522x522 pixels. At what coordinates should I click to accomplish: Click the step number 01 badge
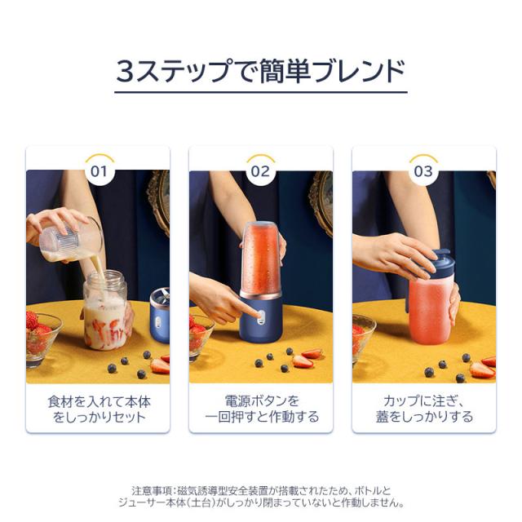99,171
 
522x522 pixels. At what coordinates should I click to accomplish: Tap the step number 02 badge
261,171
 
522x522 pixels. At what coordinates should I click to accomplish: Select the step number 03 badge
423,171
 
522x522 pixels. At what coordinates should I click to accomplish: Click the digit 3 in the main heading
125,71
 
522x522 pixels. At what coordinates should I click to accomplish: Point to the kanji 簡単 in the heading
285,71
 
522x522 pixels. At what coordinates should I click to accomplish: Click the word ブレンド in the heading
360,71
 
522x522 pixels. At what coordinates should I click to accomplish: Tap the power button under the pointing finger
261,315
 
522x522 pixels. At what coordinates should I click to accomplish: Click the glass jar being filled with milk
105,310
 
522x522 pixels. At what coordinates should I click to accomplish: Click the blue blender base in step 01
160,316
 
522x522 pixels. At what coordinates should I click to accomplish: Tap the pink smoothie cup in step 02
261,259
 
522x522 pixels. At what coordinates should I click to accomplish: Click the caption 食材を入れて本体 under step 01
99,402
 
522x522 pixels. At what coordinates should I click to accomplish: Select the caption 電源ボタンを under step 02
262,401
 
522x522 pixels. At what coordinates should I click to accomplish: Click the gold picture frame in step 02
321,203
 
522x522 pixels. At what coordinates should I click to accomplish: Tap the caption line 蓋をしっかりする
424,417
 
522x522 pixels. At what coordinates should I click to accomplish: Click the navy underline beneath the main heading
261,92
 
